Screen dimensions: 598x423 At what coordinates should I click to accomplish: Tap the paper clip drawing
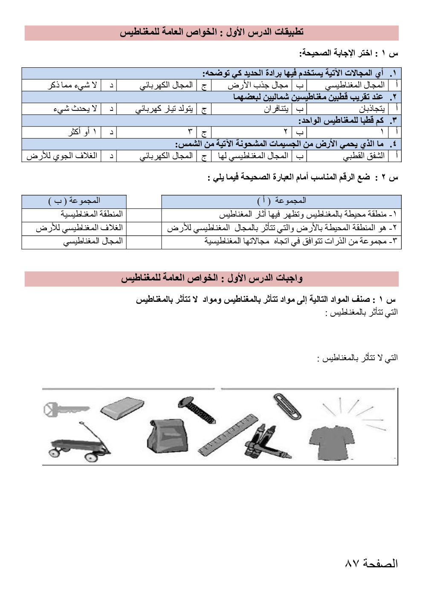(287, 406)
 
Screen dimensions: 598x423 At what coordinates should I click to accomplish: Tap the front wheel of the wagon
(91, 456)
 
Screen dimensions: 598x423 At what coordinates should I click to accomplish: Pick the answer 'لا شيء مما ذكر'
(72, 85)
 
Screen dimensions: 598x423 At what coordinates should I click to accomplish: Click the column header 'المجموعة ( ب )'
(74, 201)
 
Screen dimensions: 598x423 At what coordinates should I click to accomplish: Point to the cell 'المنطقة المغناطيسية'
(91, 214)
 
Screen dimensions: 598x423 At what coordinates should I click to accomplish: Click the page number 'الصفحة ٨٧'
(371, 563)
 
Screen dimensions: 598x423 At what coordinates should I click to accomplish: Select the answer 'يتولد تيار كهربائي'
(164, 109)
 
